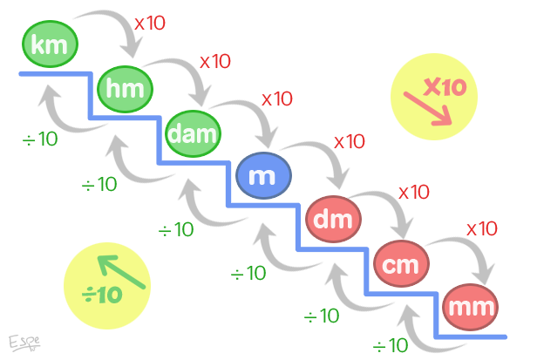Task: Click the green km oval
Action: point(50,45)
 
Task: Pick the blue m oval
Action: point(262,176)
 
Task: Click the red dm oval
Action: point(332,221)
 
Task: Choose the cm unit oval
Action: point(401,264)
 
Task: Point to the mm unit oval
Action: point(470,307)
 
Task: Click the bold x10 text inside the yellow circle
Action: point(445,87)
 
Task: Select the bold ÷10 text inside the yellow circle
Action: point(102,295)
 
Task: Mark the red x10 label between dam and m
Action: point(277,98)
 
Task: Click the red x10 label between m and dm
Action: point(350,141)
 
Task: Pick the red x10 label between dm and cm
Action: point(414,192)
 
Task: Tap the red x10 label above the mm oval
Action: point(482,228)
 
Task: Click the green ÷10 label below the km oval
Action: point(40,139)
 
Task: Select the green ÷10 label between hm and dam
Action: point(99,185)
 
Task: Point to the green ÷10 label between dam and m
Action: point(176,230)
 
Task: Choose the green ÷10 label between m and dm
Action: point(248,274)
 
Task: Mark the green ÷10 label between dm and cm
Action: point(322,316)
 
